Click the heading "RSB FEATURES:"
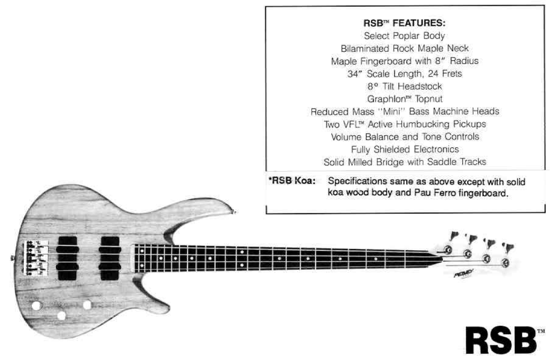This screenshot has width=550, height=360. click(404, 24)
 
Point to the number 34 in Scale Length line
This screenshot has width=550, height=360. click(353, 74)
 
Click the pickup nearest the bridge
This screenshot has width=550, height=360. click(67, 258)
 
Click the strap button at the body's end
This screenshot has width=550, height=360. click(12, 258)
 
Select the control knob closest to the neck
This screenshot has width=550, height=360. click(87, 305)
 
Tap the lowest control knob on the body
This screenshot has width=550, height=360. click(61, 316)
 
